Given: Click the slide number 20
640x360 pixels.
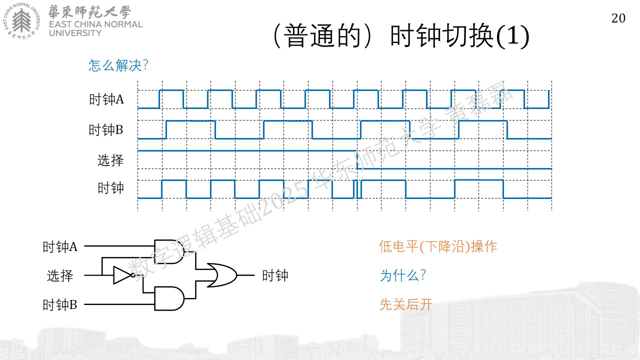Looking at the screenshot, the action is pyautogui.click(x=618, y=18).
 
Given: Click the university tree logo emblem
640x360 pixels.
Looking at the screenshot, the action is pyautogui.click(x=21, y=20).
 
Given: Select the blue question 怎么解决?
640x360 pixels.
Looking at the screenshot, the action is pyautogui.click(x=118, y=65).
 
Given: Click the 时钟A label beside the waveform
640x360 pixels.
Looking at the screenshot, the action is pyautogui.click(x=106, y=99).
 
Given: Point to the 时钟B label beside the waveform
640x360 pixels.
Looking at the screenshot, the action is pyautogui.click(x=105, y=130).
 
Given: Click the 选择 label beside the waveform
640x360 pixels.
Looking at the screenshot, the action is pyautogui.click(x=110, y=160).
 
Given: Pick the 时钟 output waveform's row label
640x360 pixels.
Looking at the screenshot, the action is pyautogui.click(x=110, y=188).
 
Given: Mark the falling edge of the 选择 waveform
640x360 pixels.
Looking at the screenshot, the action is pyautogui.click(x=357, y=159).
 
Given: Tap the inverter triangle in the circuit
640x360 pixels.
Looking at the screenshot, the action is pyautogui.click(x=123, y=275).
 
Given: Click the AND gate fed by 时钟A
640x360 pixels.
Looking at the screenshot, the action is pyautogui.click(x=169, y=251).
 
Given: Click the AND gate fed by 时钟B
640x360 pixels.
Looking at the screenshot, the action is pyautogui.click(x=169, y=298).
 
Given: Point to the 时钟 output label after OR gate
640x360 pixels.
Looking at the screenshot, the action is pyautogui.click(x=275, y=275).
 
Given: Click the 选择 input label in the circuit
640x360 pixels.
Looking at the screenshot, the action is pyautogui.click(x=60, y=276).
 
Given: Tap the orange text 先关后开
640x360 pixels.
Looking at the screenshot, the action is pyautogui.click(x=406, y=304).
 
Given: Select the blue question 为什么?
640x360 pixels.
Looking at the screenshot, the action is pyautogui.click(x=403, y=275).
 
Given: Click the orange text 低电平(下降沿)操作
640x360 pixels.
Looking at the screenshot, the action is pyautogui.click(x=438, y=246).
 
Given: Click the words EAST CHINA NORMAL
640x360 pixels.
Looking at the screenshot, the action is pyautogui.click(x=95, y=24).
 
